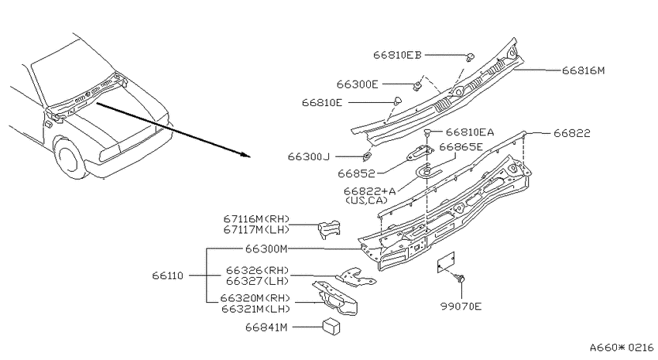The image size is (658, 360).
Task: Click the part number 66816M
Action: (584, 70)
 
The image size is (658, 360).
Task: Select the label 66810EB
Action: (397, 55)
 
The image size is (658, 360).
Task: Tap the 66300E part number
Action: (357, 84)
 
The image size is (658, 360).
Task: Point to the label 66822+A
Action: (369, 191)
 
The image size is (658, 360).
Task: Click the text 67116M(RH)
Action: (256, 219)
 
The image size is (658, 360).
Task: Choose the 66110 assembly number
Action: (168, 276)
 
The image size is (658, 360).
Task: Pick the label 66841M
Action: (266, 327)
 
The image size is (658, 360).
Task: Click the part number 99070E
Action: (461, 307)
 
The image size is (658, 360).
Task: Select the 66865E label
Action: (461, 147)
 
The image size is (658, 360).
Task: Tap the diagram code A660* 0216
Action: (622, 348)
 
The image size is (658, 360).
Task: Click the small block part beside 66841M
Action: (331, 327)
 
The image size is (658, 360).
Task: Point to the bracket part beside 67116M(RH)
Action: (329, 229)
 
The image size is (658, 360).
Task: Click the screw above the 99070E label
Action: (460, 278)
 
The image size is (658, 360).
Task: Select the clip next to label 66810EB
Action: (470, 57)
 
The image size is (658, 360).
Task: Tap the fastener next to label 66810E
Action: (397, 101)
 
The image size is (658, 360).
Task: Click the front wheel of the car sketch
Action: (69, 157)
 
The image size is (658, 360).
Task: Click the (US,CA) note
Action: (366, 201)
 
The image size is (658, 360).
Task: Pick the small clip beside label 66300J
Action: (366, 157)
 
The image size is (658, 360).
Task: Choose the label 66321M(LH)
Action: (255, 309)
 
